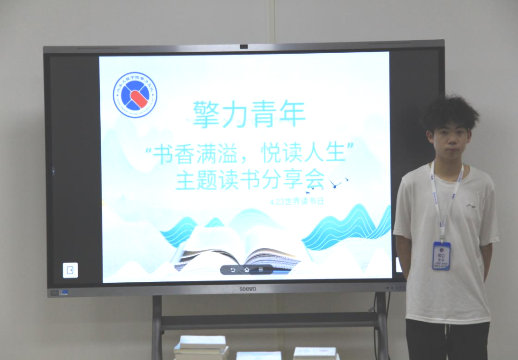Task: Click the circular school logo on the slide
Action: pos(135,95)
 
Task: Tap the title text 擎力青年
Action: pos(249,114)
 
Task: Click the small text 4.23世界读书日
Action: pos(297,201)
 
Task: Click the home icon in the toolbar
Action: pos(247,270)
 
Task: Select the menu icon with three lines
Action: pos(260,270)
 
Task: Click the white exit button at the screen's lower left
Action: pos(70,270)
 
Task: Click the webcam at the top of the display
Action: pos(244,46)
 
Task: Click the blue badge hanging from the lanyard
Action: pos(441,256)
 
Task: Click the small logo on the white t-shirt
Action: pos(471,206)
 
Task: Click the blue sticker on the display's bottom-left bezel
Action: pos(64,291)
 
